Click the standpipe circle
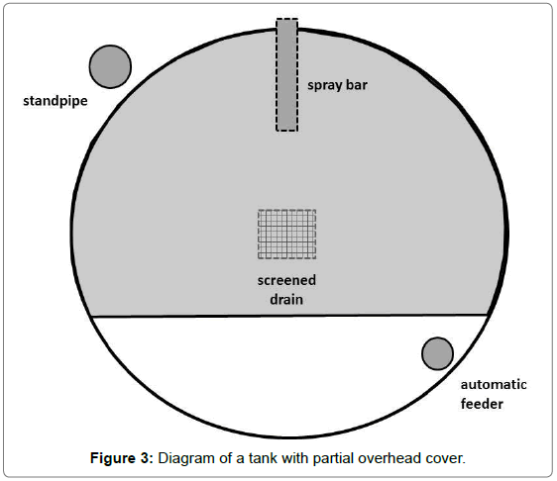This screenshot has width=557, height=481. tap(110, 66)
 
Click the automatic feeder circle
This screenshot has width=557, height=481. tap(437, 353)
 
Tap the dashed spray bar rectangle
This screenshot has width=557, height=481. tap(287, 75)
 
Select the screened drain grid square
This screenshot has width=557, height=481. tap(287, 235)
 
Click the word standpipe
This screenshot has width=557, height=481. tap(56, 101)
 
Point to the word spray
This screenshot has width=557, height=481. tap(323, 85)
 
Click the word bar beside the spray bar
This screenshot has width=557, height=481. tap(356, 85)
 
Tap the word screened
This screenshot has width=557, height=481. tap(286, 281)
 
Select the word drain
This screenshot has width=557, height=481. tap(286, 300)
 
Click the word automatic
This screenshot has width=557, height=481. tap(494, 385)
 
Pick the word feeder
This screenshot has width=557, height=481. tap(482, 404)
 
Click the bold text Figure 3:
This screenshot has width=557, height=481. tap(122, 458)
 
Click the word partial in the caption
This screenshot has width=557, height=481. tap(333, 458)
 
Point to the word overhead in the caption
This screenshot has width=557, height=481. tap(390, 458)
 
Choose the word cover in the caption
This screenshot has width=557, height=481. tap(443, 458)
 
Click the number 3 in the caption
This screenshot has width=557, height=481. tap(146, 458)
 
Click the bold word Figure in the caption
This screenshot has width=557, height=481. tap(114, 458)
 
